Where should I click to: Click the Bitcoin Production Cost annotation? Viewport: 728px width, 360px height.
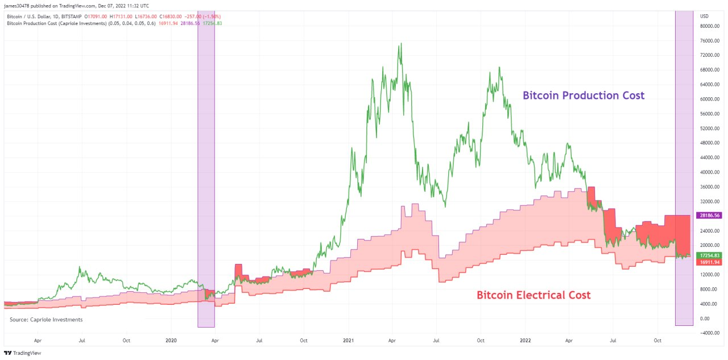point(584,96)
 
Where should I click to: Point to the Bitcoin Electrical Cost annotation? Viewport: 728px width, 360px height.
point(533,295)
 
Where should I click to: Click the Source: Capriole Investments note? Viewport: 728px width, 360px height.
point(46,320)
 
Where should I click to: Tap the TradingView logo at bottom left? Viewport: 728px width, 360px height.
point(22,353)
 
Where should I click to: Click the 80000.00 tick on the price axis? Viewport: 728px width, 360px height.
point(709,26)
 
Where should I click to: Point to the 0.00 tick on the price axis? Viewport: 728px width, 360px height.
point(705,318)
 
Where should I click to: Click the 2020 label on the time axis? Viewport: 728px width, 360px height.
point(171,341)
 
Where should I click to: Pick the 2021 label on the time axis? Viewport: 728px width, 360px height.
point(349,341)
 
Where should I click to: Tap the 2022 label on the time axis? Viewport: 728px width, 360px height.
point(525,341)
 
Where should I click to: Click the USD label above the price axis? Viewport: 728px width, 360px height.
point(704,16)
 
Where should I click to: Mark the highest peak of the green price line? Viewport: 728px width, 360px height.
point(402,43)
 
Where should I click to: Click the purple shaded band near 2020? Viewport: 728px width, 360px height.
point(206,169)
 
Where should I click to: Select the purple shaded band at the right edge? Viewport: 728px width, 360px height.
point(684,168)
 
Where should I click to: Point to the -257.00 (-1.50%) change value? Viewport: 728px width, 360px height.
point(202,16)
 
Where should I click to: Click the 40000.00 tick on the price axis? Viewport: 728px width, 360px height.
point(709,172)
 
